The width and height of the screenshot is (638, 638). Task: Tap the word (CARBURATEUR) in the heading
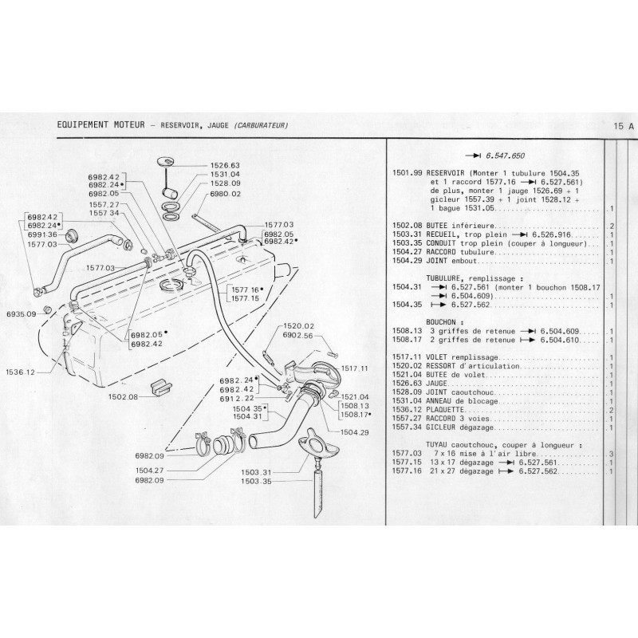[x=256, y=125]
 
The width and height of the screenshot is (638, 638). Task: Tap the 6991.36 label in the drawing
[x=41, y=234]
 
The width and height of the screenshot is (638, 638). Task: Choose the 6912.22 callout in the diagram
[x=237, y=398]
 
